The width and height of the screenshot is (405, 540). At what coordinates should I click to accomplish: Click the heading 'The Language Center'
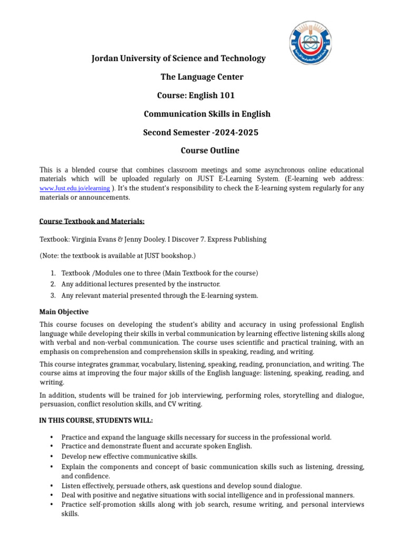[x=202, y=77]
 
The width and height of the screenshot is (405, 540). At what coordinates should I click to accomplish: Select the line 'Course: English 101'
[x=196, y=95]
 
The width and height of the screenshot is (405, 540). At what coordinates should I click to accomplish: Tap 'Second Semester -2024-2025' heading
[x=201, y=132]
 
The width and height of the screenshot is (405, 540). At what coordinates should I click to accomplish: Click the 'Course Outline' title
[x=202, y=150]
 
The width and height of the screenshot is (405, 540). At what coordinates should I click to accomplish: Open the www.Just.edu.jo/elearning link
[x=75, y=188]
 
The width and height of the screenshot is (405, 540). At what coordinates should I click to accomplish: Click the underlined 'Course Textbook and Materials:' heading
[x=92, y=221]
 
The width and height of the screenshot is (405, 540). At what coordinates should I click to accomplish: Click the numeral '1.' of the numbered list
[x=53, y=273]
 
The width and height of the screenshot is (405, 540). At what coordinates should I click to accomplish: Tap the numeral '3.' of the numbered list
[x=53, y=296]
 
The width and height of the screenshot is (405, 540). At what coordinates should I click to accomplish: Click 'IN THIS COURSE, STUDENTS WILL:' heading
[x=97, y=420]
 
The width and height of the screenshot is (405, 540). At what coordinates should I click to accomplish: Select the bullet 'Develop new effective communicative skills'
[x=129, y=456]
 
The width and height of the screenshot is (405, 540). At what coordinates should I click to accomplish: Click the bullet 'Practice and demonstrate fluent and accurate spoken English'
[x=157, y=446]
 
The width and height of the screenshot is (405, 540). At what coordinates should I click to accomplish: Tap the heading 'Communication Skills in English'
[x=207, y=114]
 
